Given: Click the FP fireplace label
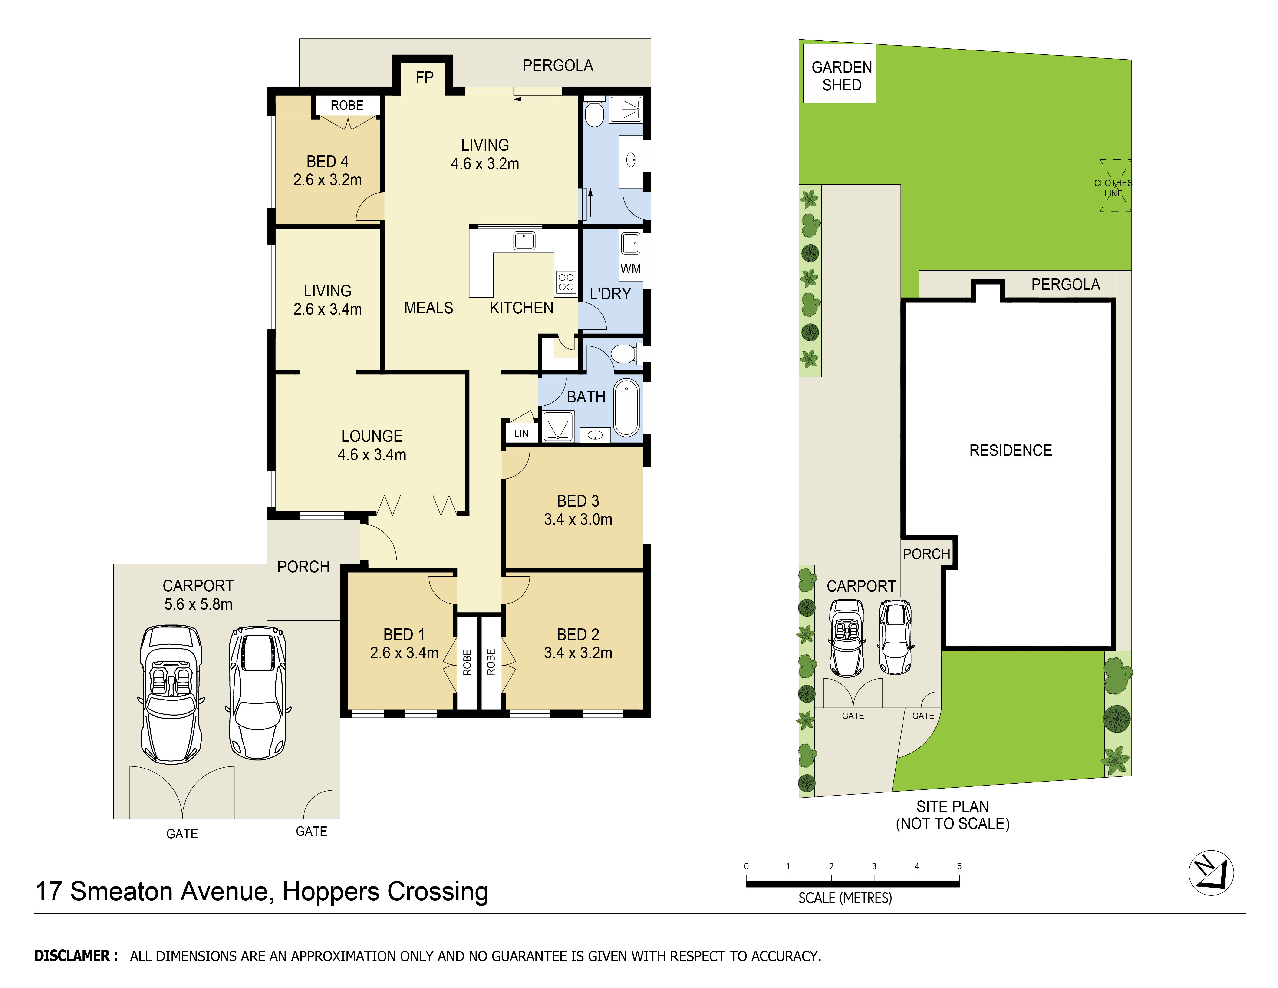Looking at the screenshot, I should point(424,77).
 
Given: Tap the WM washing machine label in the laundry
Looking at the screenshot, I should point(630,269).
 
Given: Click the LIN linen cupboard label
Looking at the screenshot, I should point(521,434).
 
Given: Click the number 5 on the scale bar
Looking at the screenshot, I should point(959,866).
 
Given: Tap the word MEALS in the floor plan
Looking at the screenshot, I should point(428,308).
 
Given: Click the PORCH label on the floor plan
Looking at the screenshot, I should point(303,567).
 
